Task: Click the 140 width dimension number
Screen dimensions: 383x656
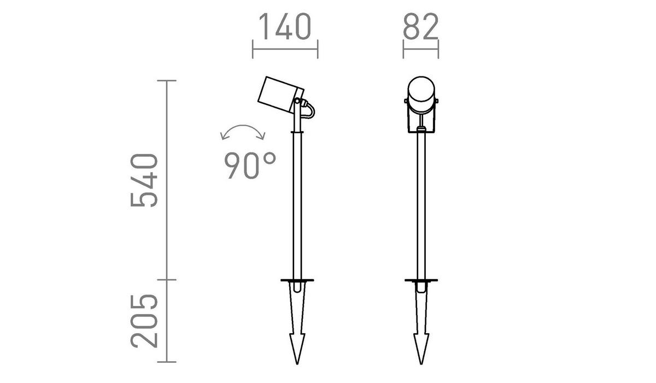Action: click(x=284, y=28)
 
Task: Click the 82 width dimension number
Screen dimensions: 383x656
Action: click(x=421, y=28)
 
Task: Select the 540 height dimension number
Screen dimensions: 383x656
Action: click(x=145, y=180)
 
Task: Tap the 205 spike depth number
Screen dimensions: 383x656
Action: click(x=145, y=321)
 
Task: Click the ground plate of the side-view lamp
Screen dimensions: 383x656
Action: click(x=297, y=281)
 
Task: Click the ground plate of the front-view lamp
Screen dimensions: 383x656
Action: click(x=421, y=281)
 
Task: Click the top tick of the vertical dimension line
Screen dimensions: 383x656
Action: click(x=167, y=80)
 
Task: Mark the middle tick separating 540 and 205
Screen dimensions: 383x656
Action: click(x=167, y=280)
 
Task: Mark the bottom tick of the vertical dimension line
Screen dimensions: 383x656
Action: click(x=167, y=362)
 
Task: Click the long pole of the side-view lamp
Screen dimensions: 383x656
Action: click(x=297, y=208)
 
